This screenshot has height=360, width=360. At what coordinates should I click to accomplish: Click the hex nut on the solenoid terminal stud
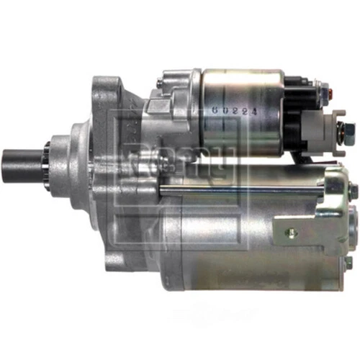click(344, 132)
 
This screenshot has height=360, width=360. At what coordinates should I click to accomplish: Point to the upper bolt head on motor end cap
click(353, 192)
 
